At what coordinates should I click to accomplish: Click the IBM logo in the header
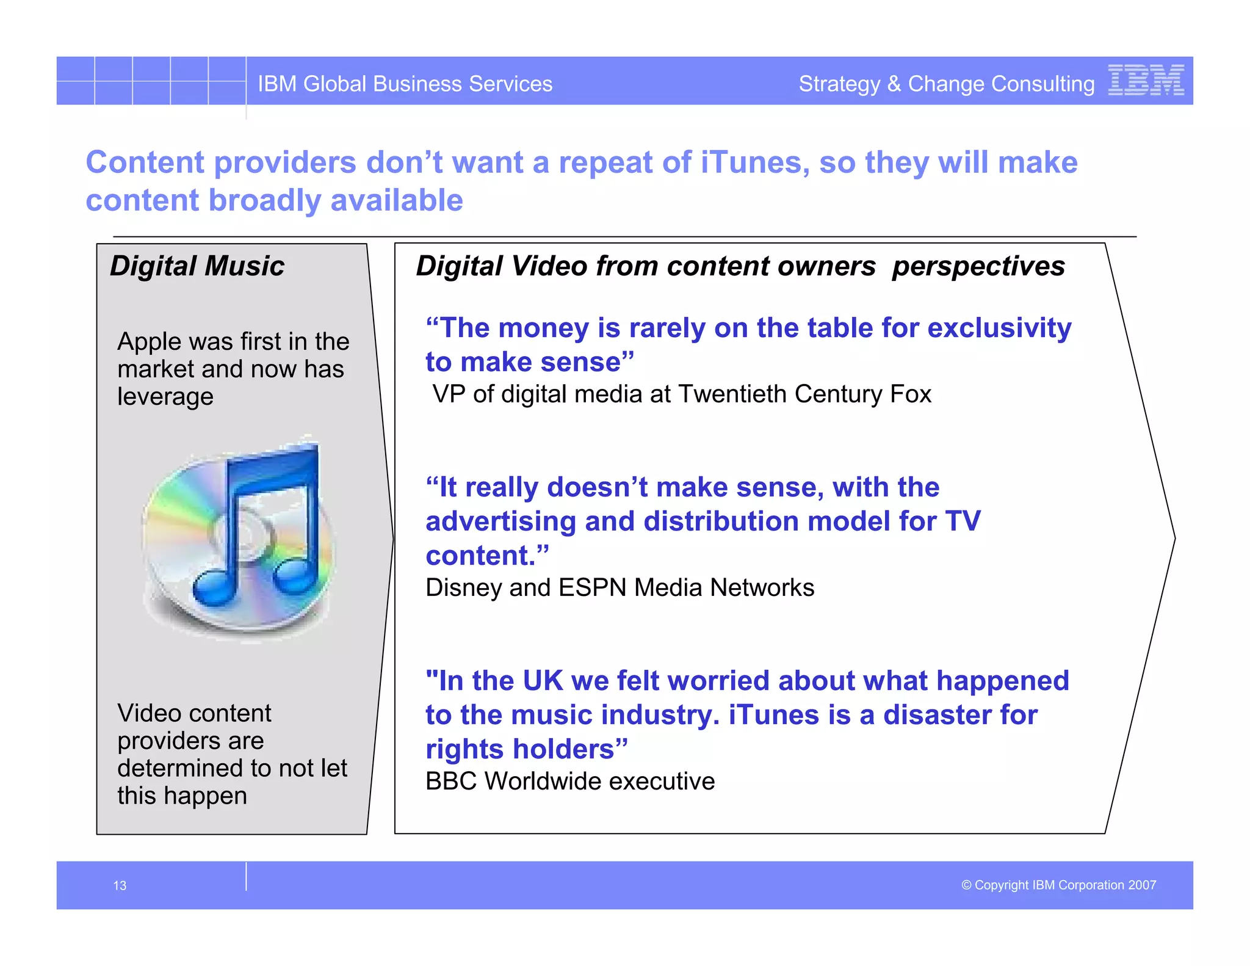(1146, 81)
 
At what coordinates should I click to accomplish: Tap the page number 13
(120, 885)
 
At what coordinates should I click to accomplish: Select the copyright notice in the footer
(1058, 885)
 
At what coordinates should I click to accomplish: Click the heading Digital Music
(197, 266)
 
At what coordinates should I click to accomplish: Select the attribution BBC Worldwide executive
(569, 781)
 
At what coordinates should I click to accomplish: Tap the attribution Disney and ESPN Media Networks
(620, 587)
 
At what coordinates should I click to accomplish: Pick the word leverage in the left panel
(165, 397)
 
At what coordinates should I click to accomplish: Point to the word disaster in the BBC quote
(936, 715)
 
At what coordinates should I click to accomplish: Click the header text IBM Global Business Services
(405, 84)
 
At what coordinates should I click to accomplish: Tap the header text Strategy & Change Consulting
(946, 84)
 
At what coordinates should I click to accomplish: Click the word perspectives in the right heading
(978, 267)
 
